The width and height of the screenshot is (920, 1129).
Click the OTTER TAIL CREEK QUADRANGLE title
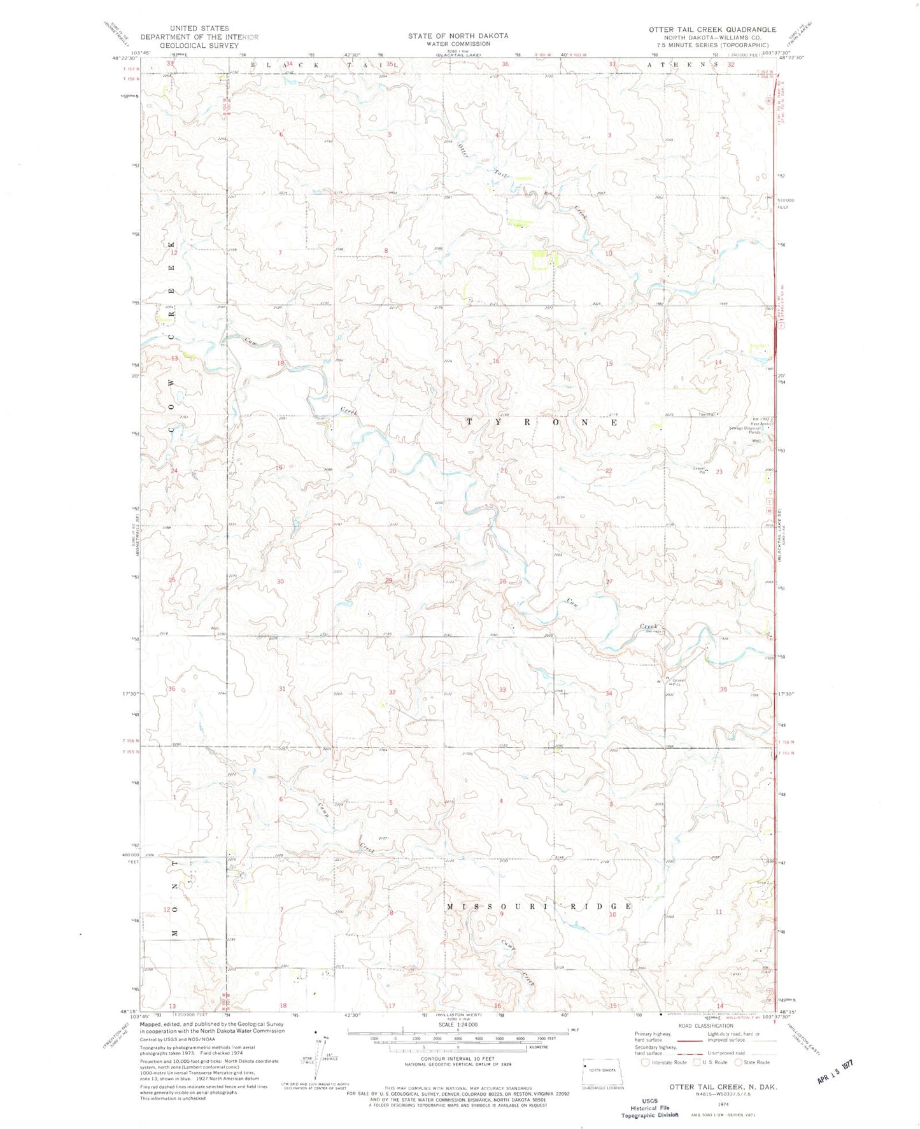pyautogui.click(x=712, y=29)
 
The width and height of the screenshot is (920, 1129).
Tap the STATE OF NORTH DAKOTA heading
pyautogui.click(x=458, y=36)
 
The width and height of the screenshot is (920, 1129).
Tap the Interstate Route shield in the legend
pyautogui.click(x=645, y=1062)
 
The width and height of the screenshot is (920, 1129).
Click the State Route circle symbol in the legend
pyautogui.click(x=739, y=1062)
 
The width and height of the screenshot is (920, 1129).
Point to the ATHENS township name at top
pyautogui.click(x=682, y=64)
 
